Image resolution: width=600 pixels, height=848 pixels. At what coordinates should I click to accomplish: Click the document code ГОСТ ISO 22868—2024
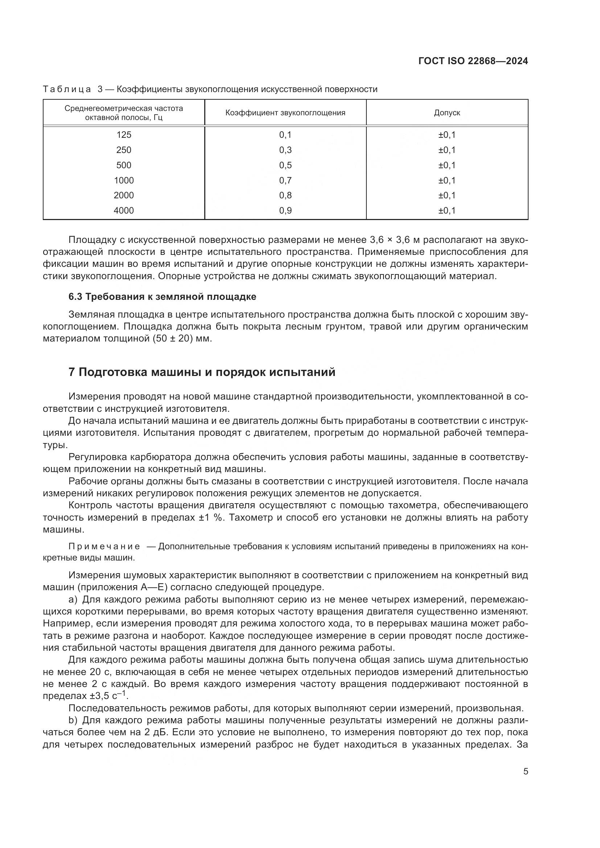pos(473,61)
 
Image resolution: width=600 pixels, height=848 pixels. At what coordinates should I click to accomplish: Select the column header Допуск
pos(447,113)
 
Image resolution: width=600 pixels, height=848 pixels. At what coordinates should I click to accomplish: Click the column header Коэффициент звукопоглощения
pos(285,113)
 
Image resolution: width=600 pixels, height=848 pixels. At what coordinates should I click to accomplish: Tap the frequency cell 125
pos(124,135)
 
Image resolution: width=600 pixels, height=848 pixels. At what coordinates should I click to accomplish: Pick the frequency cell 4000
pos(124,211)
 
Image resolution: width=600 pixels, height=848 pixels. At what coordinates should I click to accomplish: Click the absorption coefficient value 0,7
pos(285,180)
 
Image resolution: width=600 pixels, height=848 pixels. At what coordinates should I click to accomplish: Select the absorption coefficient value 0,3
pos(285,150)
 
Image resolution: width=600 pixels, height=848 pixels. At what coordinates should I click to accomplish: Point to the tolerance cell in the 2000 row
pos(447,195)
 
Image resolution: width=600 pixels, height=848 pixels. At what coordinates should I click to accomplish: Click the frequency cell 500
pos(124,165)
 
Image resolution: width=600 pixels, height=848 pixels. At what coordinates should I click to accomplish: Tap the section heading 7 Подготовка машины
pos(202,372)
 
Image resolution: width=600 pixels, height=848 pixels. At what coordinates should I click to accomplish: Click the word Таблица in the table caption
pos(67,90)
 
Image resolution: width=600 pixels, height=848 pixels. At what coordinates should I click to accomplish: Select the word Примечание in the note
pos(104,547)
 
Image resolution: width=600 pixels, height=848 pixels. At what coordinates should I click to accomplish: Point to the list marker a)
pos(73,599)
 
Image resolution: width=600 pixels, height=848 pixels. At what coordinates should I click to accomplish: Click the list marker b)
pos(73,720)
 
